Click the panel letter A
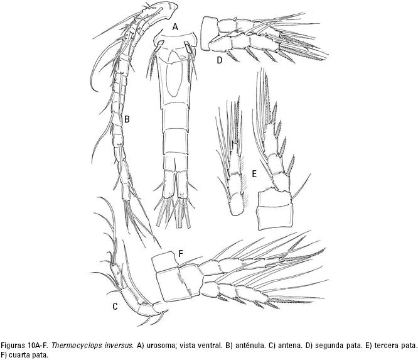pos(175,26)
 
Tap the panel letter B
pos(127,119)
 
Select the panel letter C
pos(115,307)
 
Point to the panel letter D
pos(220,60)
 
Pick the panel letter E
pos(254,174)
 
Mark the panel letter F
pos(181,254)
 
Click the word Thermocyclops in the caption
pos(70,346)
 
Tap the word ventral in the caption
pos(212,346)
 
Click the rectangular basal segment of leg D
pos(210,34)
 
